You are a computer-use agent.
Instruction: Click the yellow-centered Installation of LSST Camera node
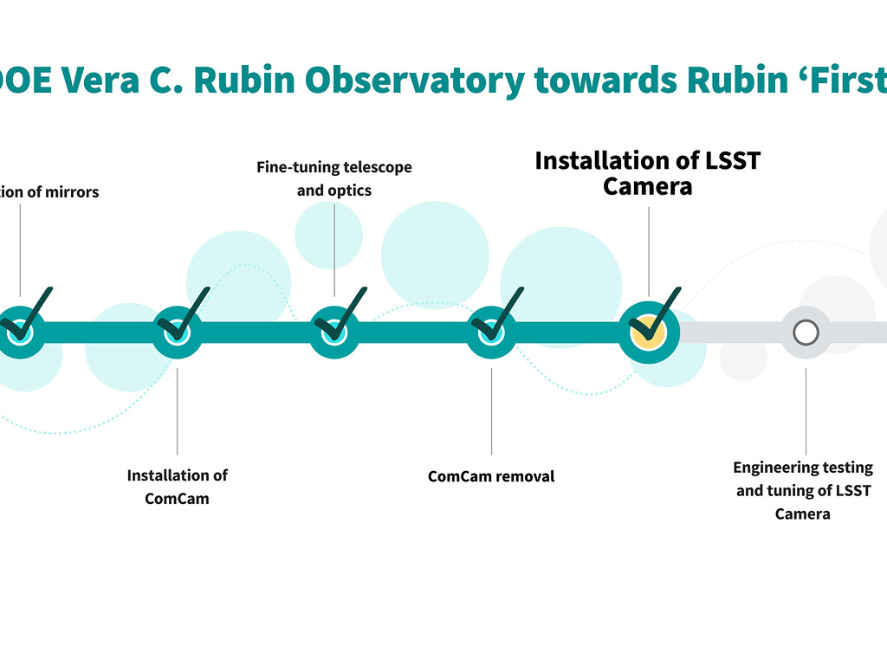point(648,332)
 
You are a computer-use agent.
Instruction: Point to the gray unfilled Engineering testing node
point(806,332)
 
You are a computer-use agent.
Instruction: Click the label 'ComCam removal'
point(491,476)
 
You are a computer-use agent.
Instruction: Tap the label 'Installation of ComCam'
point(177,487)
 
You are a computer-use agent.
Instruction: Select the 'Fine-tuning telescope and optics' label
point(334,178)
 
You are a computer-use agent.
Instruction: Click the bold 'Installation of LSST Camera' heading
point(648,173)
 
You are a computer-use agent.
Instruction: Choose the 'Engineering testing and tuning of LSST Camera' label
point(803,490)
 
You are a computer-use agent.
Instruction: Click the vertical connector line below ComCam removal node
point(491,411)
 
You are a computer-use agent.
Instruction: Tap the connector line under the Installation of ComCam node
point(177,411)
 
